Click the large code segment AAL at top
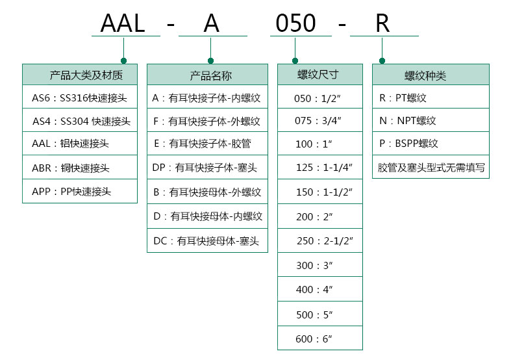pyautogui.click(x=123, y=24)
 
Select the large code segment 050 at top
pyautogui.click(x=295, y=24)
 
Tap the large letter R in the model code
pyautogui.click(x=382, y=24)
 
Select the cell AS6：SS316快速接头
pyautogui.click(x=79, y=99)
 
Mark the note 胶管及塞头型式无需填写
pyautogui.click(x=431, y=168)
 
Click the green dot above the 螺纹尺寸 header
pyautogui.click(x=295, y=60)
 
